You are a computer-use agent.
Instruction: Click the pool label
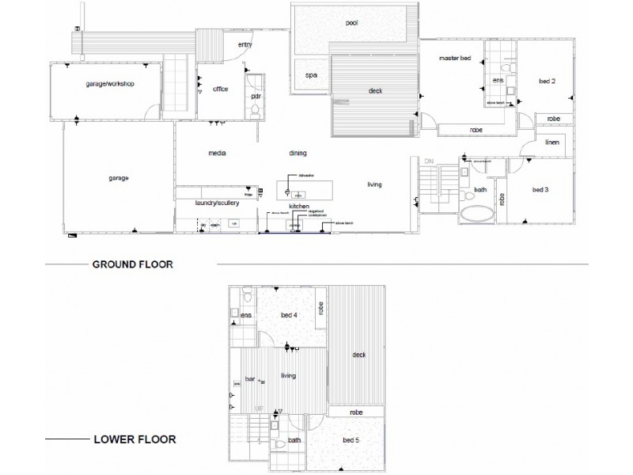click(x=352, y=23)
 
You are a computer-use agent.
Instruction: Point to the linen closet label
click(x=552, y=142)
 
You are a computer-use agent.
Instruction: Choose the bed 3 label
click(x=540, y=190)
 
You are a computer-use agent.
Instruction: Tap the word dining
click(x=298, y=154)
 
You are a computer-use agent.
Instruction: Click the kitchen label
click(x=298, y=206)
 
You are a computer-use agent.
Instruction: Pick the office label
click(x=221, y=89)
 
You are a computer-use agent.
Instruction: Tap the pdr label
click(x=256, y=96)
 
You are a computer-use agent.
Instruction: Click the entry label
click(x=244, y=44)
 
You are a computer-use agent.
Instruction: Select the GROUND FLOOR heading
click(x=133, y=264)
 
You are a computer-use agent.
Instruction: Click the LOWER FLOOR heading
click(x=135, y=439)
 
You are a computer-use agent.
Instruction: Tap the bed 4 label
click(x=289, y=316)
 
